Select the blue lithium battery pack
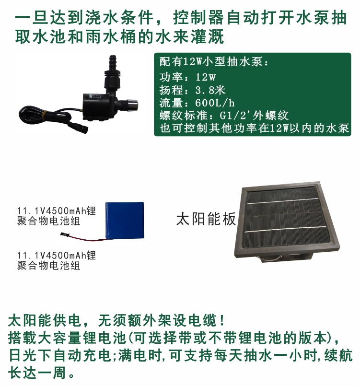coord(125,220)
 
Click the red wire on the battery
coord(86,237)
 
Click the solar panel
coord(288,221)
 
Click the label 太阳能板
coord(206,219)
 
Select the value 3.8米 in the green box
coord(210,90)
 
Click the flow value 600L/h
coord(215,103)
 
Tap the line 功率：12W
coord(187,77)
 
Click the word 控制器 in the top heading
coord(199,18)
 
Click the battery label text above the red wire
coord(56,216)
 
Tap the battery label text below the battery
coord(56,260)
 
